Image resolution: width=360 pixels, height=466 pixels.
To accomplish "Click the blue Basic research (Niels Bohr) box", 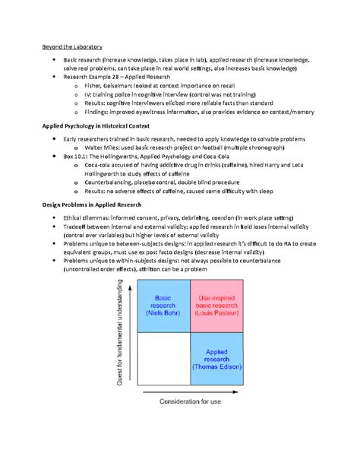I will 163,305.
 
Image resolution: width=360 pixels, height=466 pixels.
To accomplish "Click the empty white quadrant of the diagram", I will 163,358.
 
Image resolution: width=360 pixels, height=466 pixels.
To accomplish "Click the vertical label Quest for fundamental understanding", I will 119,331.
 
